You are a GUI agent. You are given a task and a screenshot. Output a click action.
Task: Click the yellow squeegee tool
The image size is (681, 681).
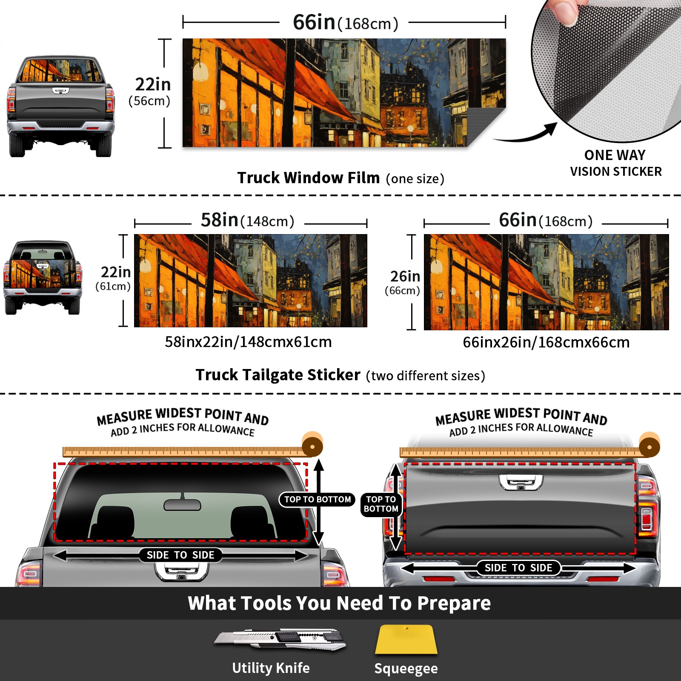pyautogui.click(x=406, y=639)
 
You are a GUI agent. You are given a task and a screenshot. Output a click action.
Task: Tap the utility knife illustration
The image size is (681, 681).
pyautogui.click(x=280, y=639)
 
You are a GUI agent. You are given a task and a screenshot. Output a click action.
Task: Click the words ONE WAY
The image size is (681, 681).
pyautogui.click(x=615, y=155)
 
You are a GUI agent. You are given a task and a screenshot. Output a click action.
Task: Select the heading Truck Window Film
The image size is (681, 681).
pyautogui.click(x=309, y=177)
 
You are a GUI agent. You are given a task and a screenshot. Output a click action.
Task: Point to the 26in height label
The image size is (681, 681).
pyautogui.click(x=405, y=277)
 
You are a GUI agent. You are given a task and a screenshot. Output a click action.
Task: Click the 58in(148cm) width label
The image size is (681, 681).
pyautogui.click(x=248, y=220)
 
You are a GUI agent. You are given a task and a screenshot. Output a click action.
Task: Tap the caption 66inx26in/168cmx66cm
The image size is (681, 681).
pyautogui.click(x=546, y=342)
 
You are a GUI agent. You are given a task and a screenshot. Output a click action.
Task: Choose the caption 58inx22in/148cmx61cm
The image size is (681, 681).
pyautogui.click(x=248, y=342)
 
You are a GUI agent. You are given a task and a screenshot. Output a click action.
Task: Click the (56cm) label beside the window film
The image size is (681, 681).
pyautogui.click(x=149, y=101)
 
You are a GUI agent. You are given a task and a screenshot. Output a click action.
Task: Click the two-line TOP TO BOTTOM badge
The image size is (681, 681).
pyautogui.click(x=381, y=504)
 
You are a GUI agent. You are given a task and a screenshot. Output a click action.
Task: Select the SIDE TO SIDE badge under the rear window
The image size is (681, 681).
pyautogui.click(x=180, y=555)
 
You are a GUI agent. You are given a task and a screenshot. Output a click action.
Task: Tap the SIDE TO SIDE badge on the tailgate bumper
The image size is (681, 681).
pyautogui.click(x=518, y=568)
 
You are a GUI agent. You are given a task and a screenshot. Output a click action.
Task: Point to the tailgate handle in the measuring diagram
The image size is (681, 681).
pyautogui.click(x=521, y=482)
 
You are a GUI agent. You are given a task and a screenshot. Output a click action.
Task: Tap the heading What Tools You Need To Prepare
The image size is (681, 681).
pyautogui.click(x=339, y=603)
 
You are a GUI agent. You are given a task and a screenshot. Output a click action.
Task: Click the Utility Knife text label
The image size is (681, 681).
pyautogui.click(x=271, y=668)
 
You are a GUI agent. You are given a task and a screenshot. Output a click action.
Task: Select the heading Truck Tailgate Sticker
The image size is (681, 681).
pyautogui.click(x=278, y=375)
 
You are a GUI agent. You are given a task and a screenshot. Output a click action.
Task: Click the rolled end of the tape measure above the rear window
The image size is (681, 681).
pyautogui.click(x=312, y=445)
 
